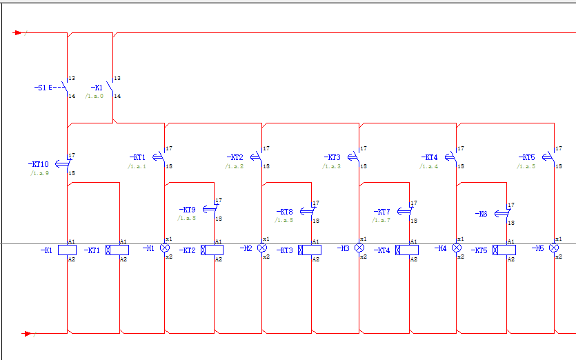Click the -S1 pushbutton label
tap(40, 88)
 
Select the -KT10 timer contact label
tap(39, 164)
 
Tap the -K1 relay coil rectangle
tap(67, 250)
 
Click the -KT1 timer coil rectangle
tap(112, 250)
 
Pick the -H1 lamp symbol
tap(165, 248)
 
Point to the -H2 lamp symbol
tap(262, 248)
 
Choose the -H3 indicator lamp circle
tap(359, 248)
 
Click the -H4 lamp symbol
tap(457, 248)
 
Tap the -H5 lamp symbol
tap(554, 248)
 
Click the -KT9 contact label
tap(187, 210)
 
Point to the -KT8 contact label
tap(284, 212)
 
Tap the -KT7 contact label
tap(381, 212)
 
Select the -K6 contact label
tap(481, 214)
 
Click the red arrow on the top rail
tap(19, 32)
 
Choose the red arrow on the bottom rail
tap(28, 333)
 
